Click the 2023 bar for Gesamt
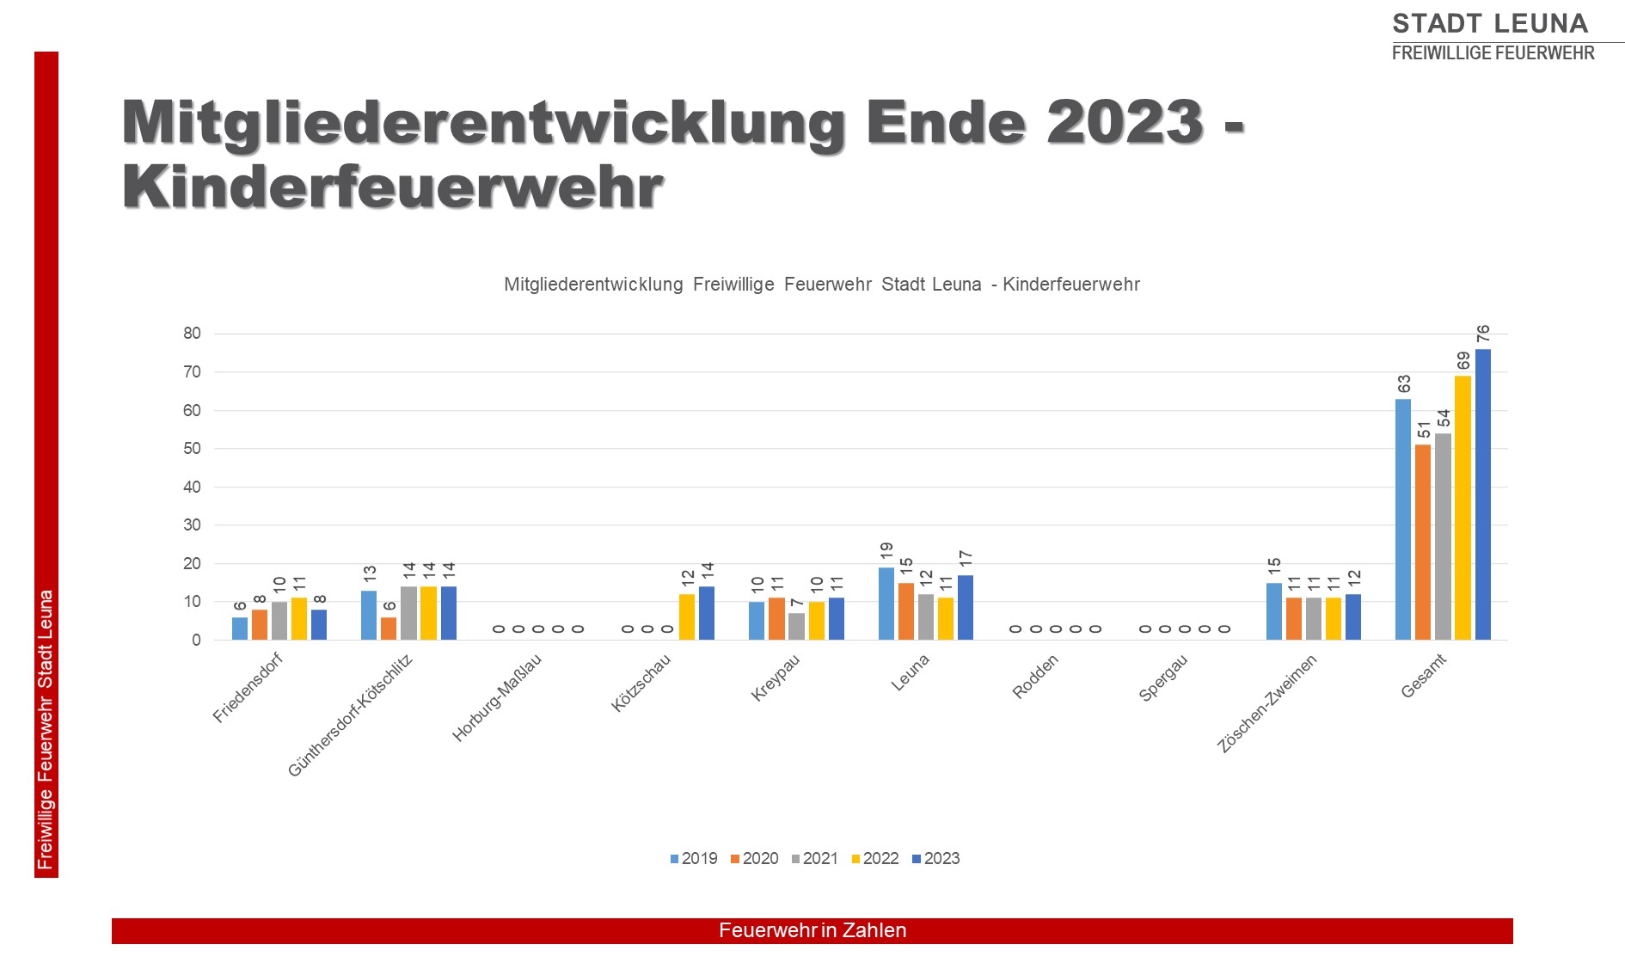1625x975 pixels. [1483, 494]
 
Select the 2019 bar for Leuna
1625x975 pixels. [886, 604]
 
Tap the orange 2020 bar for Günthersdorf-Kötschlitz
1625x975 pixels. [389, 629]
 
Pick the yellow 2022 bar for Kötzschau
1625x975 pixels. [687, 617]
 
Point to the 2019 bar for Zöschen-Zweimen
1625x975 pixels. [1274, 611]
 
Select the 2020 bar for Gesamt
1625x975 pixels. [1423, 543]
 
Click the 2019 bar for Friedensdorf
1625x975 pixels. [240, 629]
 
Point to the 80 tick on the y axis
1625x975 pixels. [192, 334]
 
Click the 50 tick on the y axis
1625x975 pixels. [192, 449]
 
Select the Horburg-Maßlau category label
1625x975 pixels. [497, 697]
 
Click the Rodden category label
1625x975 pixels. [1035, 677]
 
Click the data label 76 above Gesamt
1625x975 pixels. [1483, 334]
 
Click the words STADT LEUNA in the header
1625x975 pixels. [1490, 22]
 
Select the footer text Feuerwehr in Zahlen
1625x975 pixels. [812, 930]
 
